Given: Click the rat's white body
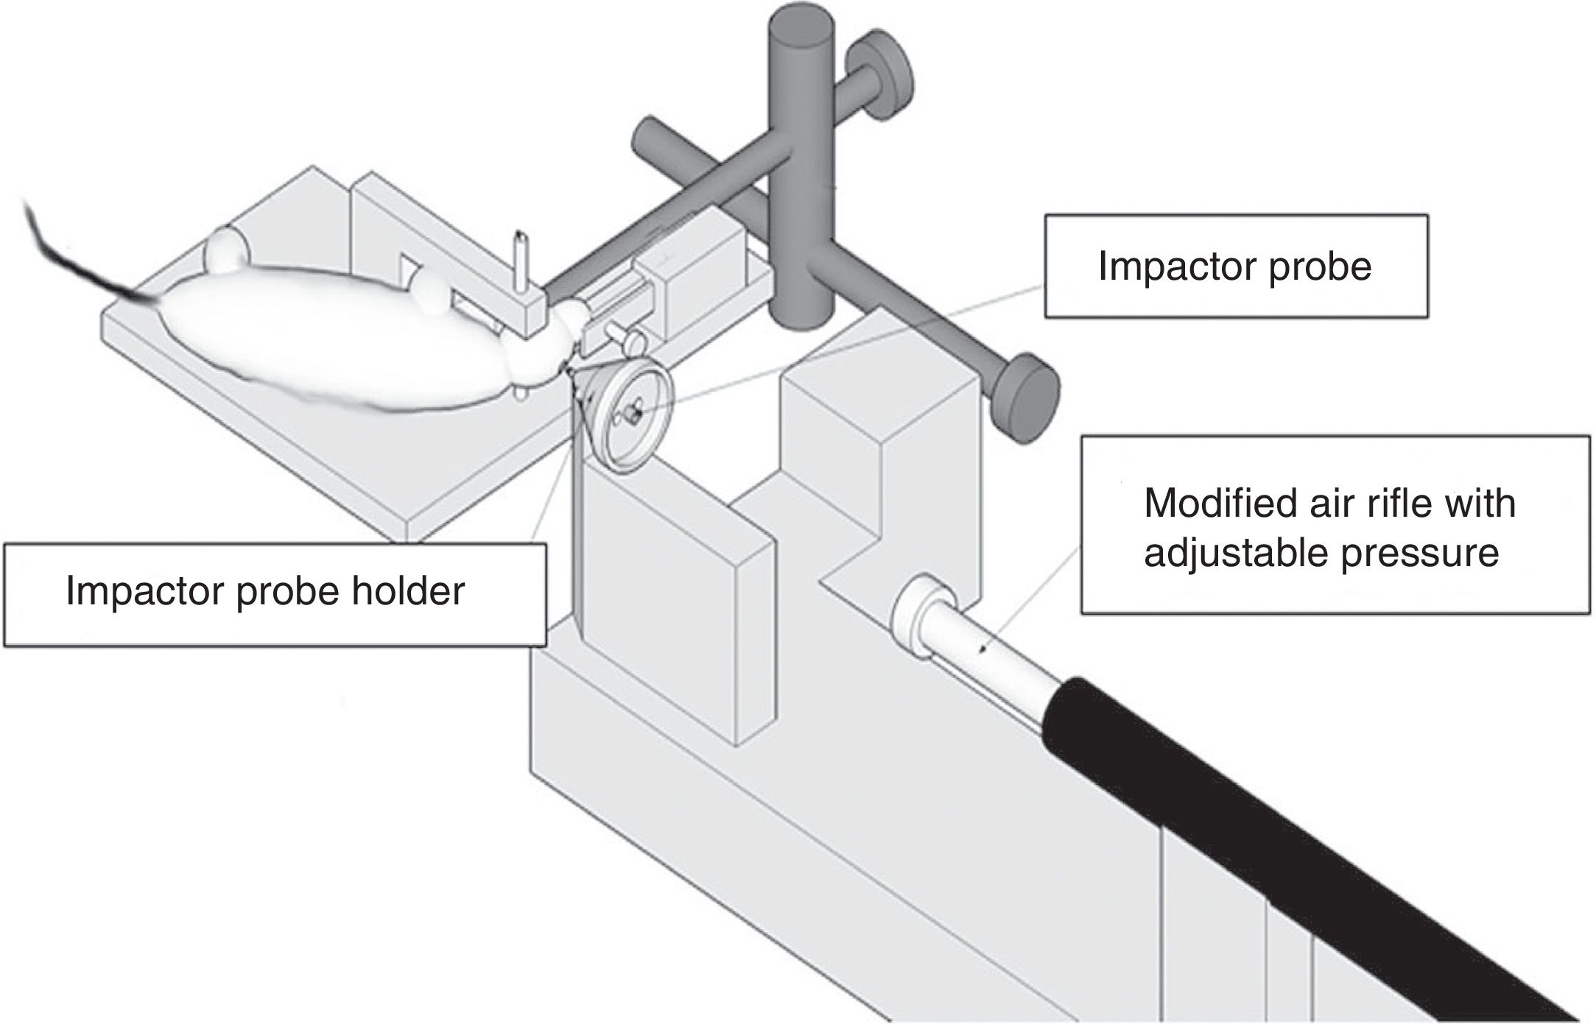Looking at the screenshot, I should [x=331, y=346].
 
